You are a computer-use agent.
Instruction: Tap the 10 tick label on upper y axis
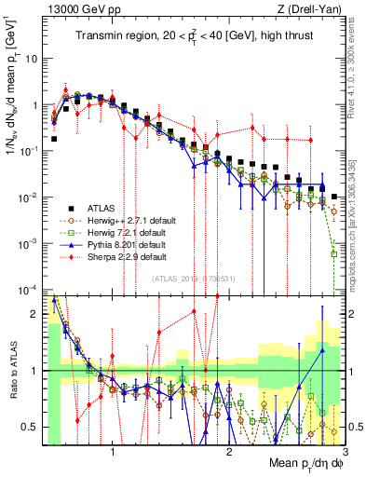click(31, 58)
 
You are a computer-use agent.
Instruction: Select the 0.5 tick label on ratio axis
click(29, 427)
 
